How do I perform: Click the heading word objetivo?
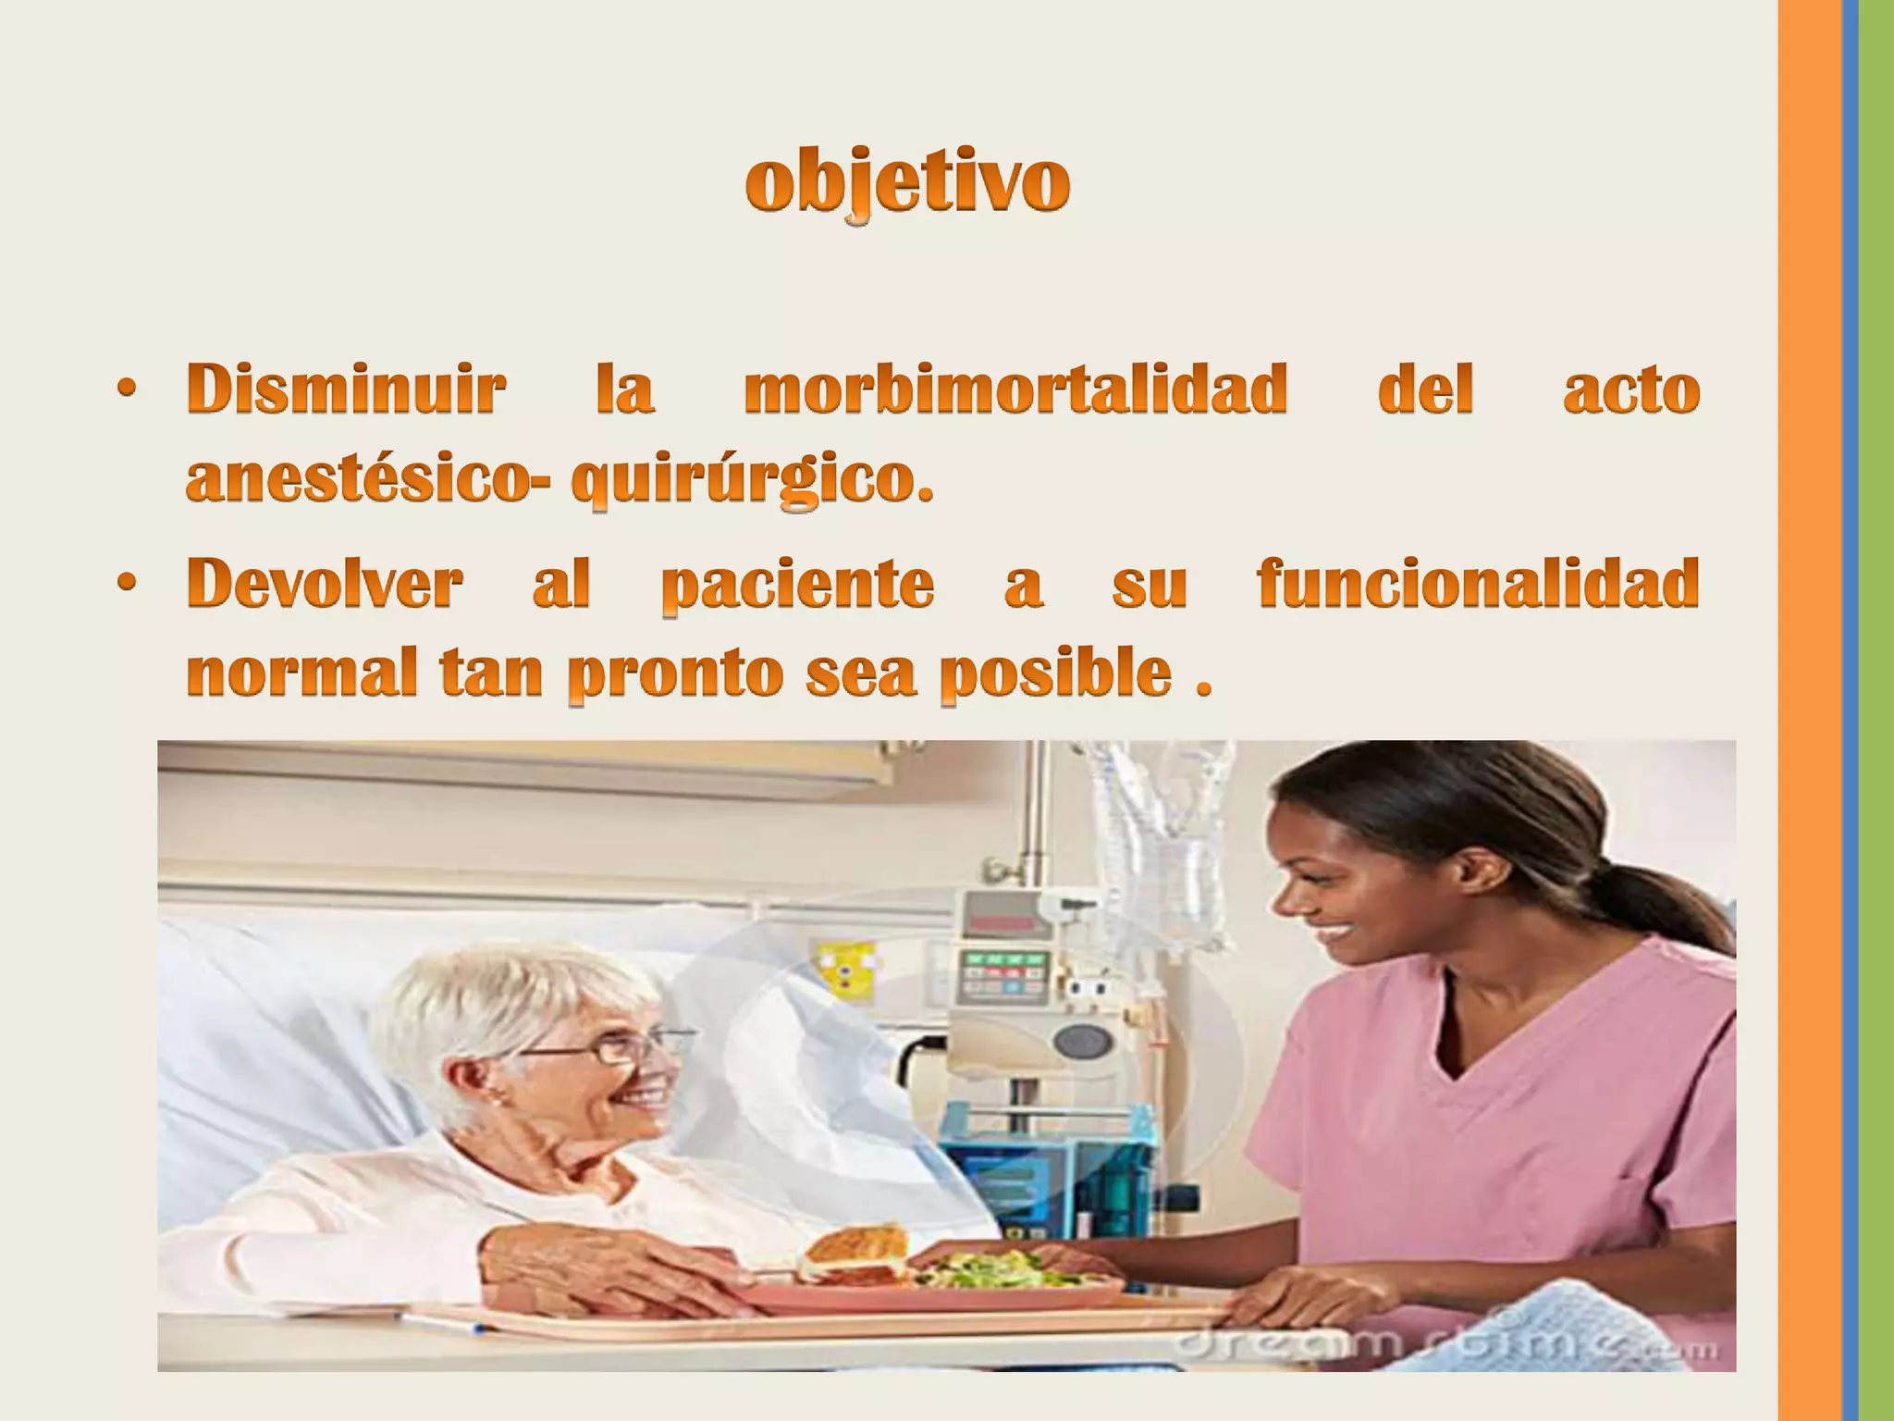pos(908,183)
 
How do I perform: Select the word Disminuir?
pos(346,389)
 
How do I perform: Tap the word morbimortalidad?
pos(1015,389)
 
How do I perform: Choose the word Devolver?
pos(325,584)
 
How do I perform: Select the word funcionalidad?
pos(1478,584)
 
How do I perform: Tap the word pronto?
pos(682,675)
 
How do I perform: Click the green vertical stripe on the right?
pos(1876,710)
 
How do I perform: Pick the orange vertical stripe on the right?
pos(1809,710)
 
